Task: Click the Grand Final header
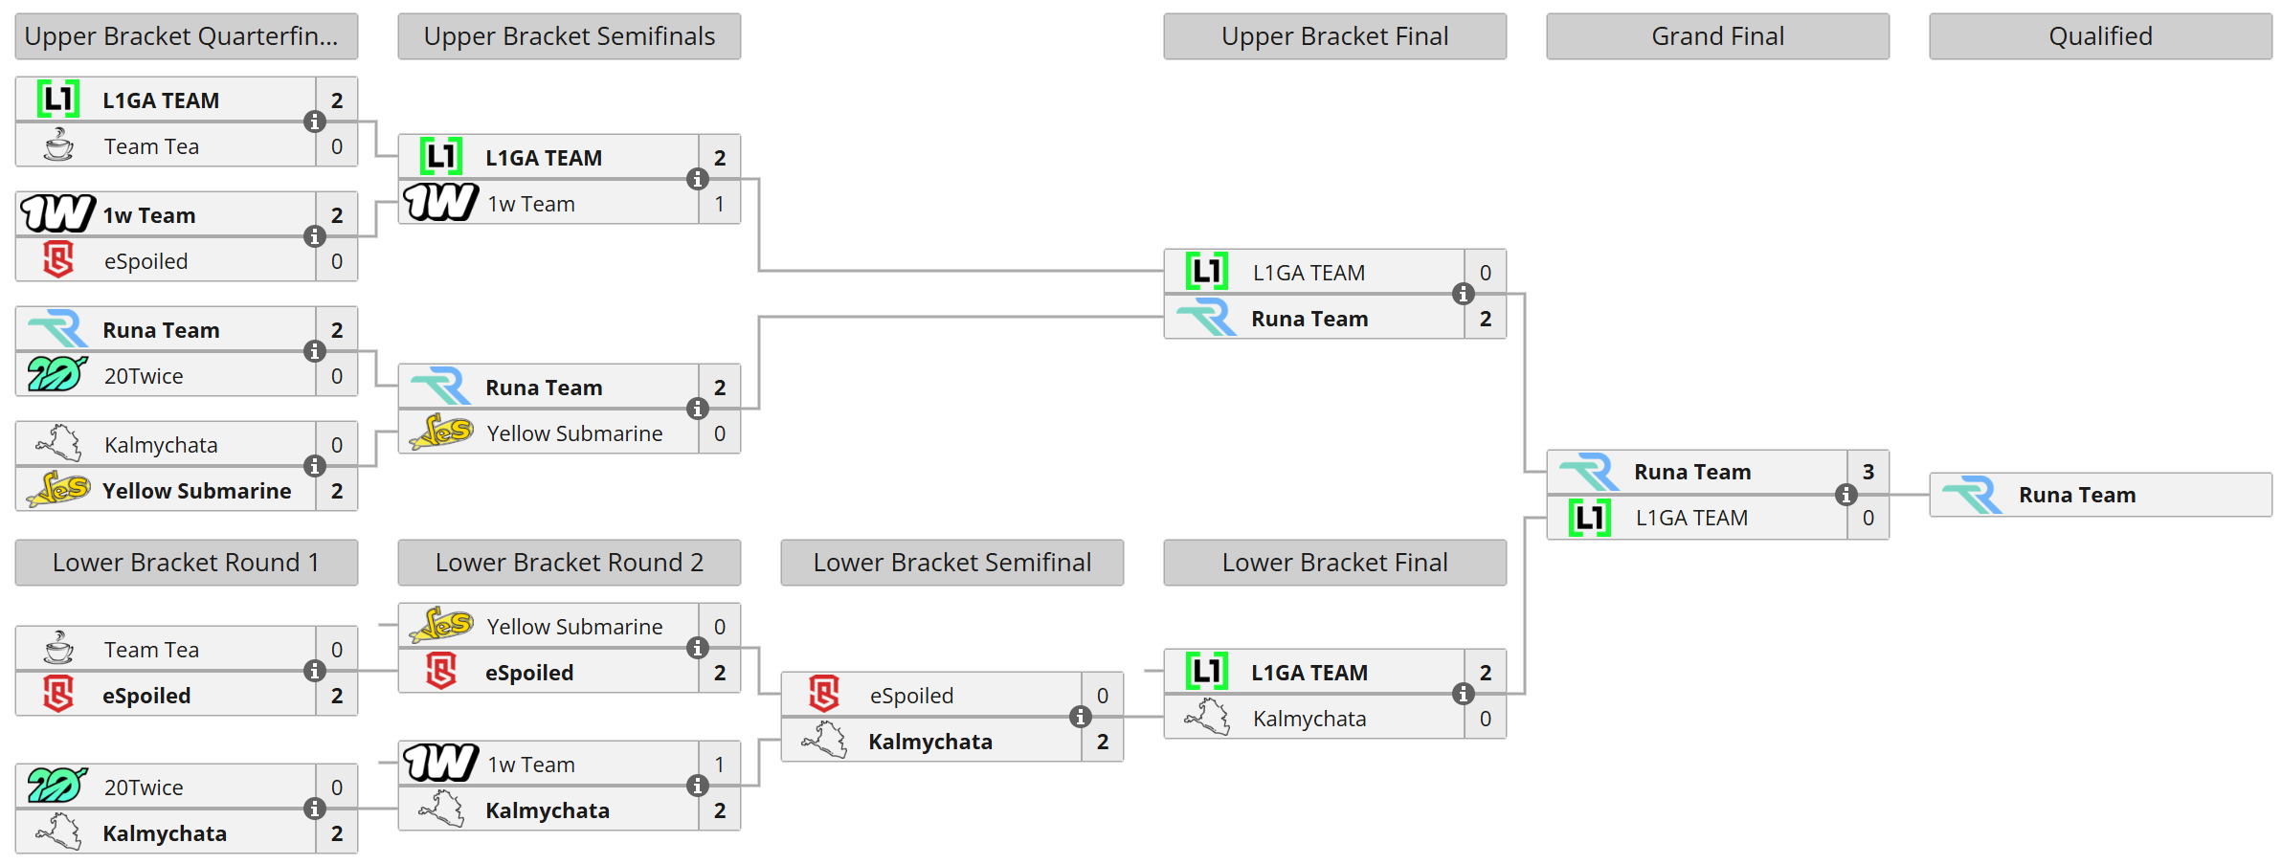(1717, 36)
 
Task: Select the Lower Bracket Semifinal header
(951, 563)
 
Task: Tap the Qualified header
(2100, 36)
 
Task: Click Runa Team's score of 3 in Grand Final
(1868, 472)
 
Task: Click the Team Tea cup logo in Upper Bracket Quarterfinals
(58, 145)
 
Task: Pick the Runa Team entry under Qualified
(2076, 495)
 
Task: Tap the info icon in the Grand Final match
(1846, 495)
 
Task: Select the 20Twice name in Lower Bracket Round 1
(144, 787)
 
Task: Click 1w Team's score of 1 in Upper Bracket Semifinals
(719, 204)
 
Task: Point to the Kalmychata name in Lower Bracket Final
(1309, 719)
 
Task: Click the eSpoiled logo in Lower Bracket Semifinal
(824, 695)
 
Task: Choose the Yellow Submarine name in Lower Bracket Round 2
(574, 627)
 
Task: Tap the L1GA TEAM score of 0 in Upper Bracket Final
(1485, 273)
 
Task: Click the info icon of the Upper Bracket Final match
(1463, 294)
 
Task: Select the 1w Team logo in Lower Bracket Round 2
(440, 763)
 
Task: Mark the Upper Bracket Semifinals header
(569, 36)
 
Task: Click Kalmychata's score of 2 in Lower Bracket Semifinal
(1102, 742)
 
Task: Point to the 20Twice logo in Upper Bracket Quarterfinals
(57, 374)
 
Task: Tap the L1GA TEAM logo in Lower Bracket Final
(1206, 672)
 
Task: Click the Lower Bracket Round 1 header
(186, 563)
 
